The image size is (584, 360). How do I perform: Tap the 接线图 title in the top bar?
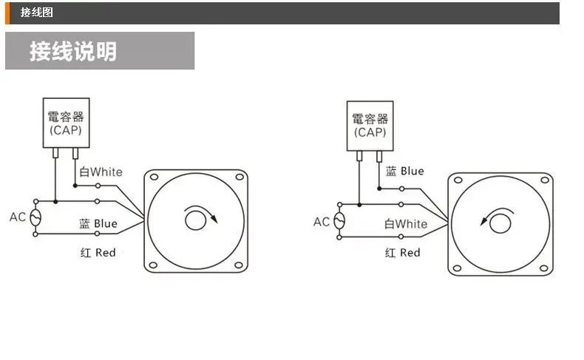36,13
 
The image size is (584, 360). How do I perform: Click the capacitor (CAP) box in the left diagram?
66,122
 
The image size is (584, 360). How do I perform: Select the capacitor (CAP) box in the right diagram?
370,126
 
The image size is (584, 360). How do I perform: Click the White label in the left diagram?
101,171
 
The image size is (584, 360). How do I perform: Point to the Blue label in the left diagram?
98,223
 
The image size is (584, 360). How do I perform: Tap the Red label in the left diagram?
98,252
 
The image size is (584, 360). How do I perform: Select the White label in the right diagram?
406,223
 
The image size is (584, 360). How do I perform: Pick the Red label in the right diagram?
403,252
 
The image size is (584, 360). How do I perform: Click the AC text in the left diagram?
18,217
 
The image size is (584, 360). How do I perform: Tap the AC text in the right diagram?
322,222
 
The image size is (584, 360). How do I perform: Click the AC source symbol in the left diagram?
36,217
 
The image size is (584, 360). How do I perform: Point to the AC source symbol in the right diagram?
339,221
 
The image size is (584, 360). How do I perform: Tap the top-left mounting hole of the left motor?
155,179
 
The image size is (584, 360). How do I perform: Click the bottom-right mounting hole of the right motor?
544,268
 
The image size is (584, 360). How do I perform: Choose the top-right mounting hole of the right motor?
544,180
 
